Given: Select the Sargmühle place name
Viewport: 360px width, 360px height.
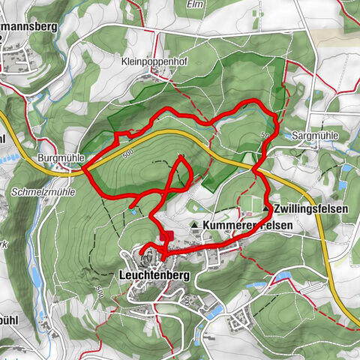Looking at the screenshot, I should click(314, 135).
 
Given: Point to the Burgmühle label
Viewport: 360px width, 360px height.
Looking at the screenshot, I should click(57, 159).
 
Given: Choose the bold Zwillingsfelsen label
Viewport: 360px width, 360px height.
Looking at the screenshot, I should click(310, 208).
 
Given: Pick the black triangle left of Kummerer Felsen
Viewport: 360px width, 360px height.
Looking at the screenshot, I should click(195, 225).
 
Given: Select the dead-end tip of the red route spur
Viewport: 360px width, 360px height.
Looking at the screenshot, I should click(130, 207).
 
